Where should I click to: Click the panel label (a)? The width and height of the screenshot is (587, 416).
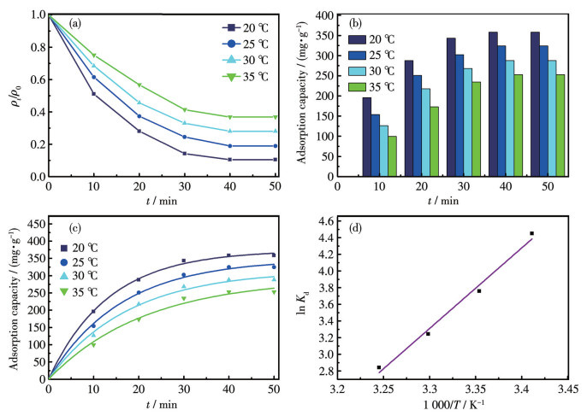pyautogui.click(x=76, y=23)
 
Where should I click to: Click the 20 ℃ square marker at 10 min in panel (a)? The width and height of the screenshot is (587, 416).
pyautogui.click(x=94, y=93)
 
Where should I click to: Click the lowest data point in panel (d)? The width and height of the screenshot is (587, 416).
pyautogui.click(x=379, y=367)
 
